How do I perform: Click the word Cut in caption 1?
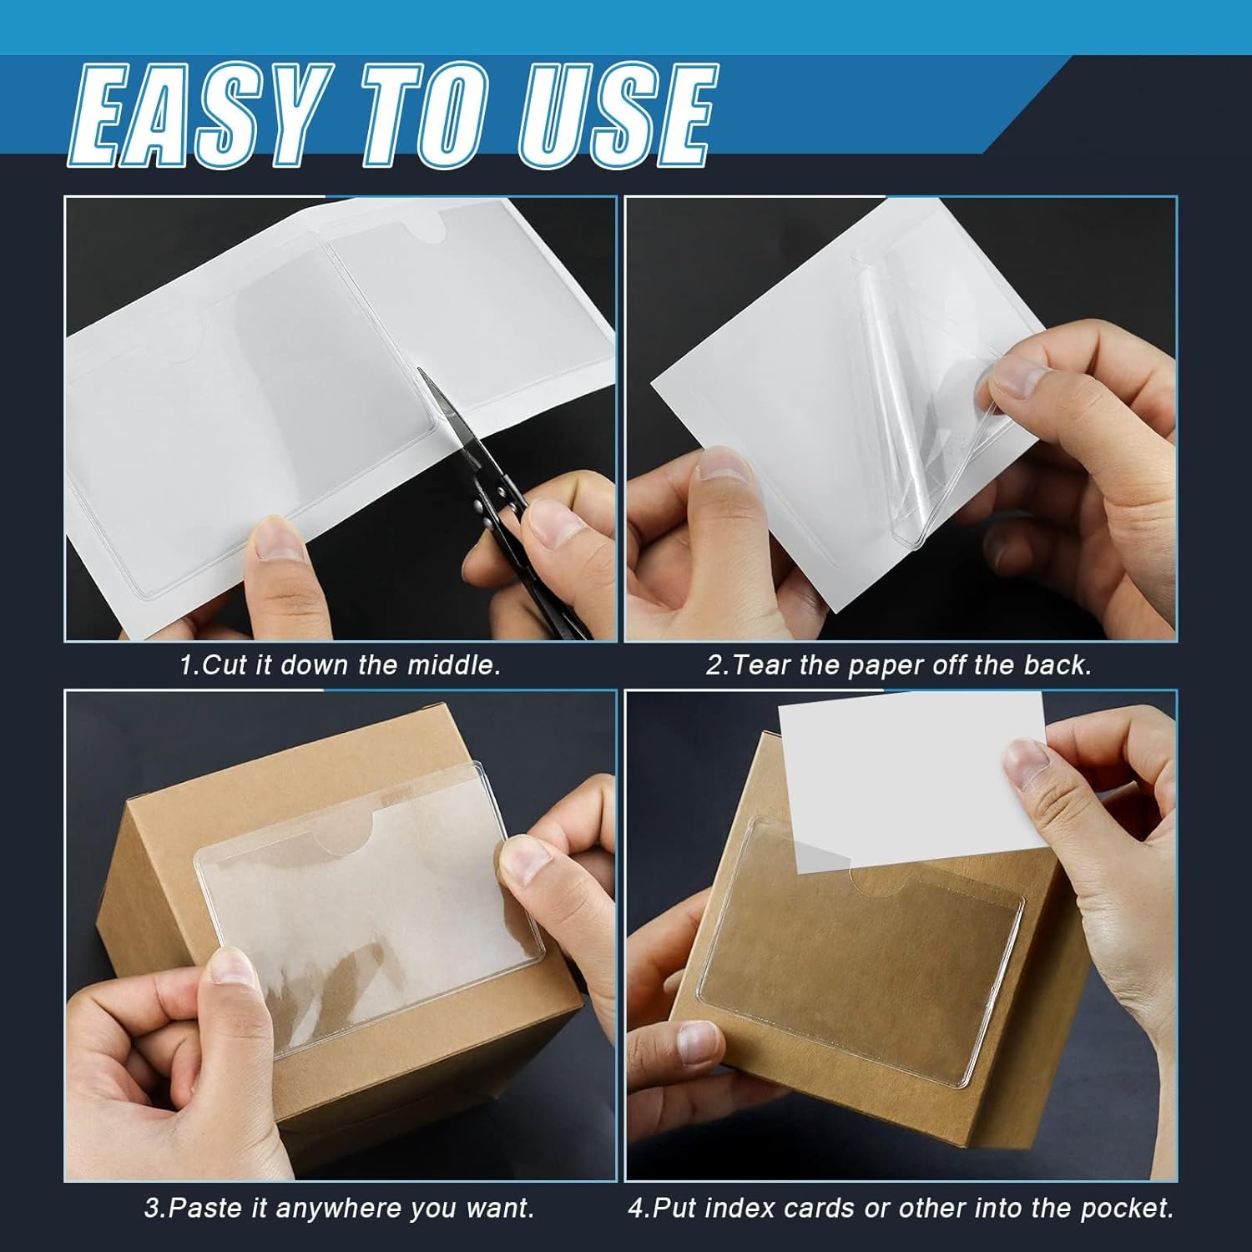(218, 665)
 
